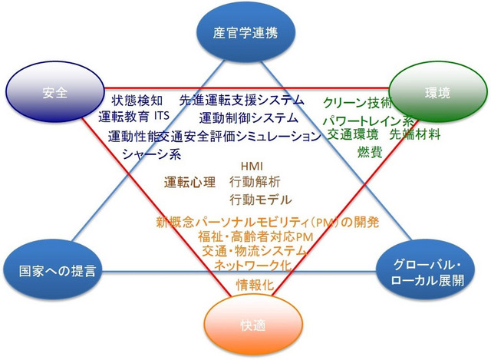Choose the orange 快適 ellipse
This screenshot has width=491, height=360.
point(247,323)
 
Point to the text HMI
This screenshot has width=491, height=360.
point(252,166)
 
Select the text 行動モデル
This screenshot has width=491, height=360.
point(260,200)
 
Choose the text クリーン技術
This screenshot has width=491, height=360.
point(358,102)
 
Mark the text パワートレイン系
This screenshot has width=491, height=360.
point(367,121)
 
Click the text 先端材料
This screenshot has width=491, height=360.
point(414,135)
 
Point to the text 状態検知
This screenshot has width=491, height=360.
point(137,101)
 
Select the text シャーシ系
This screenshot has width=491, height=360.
point(151,154)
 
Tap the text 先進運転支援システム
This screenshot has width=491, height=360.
point(242,101)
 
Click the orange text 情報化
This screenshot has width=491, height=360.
point(252,285)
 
